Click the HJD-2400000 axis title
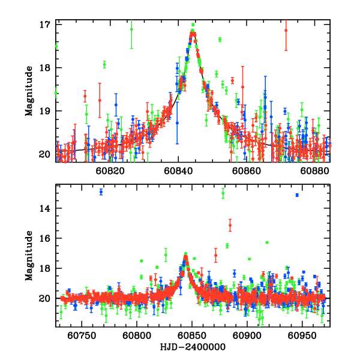[192, 347]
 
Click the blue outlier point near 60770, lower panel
[101, 192]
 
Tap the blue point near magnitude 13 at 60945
[297, 195]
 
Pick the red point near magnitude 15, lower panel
[230, 225]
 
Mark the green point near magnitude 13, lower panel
[223, 193]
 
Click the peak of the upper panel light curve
[193, 34]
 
